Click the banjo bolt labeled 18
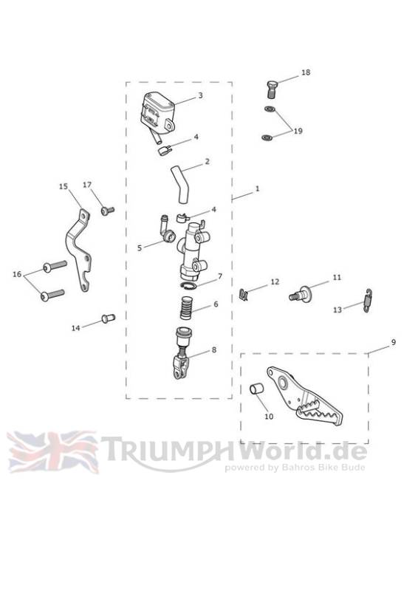click(x=272, y=89)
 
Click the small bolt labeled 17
click(x=107, y=211)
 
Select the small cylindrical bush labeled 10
click(x=257, y=389)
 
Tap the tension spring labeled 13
click(x=369, y=300)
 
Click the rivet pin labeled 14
click(x=108, y=318)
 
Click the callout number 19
click(x=298, y=131)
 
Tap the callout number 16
click(x=17, y=274)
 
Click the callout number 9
click(x=394, y=342)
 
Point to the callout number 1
click(x=258, y=188)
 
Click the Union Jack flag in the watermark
click(x=52, y=452)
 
